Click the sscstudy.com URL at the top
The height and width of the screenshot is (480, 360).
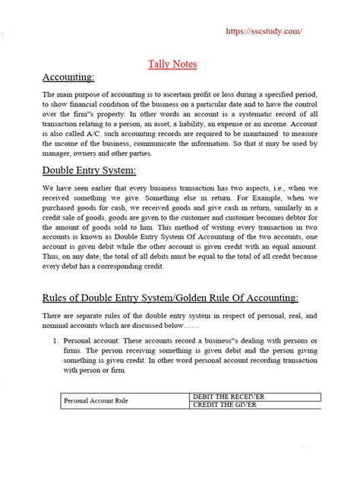[x=265, y=33]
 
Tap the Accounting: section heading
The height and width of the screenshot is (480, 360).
[x=69, y=77]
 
